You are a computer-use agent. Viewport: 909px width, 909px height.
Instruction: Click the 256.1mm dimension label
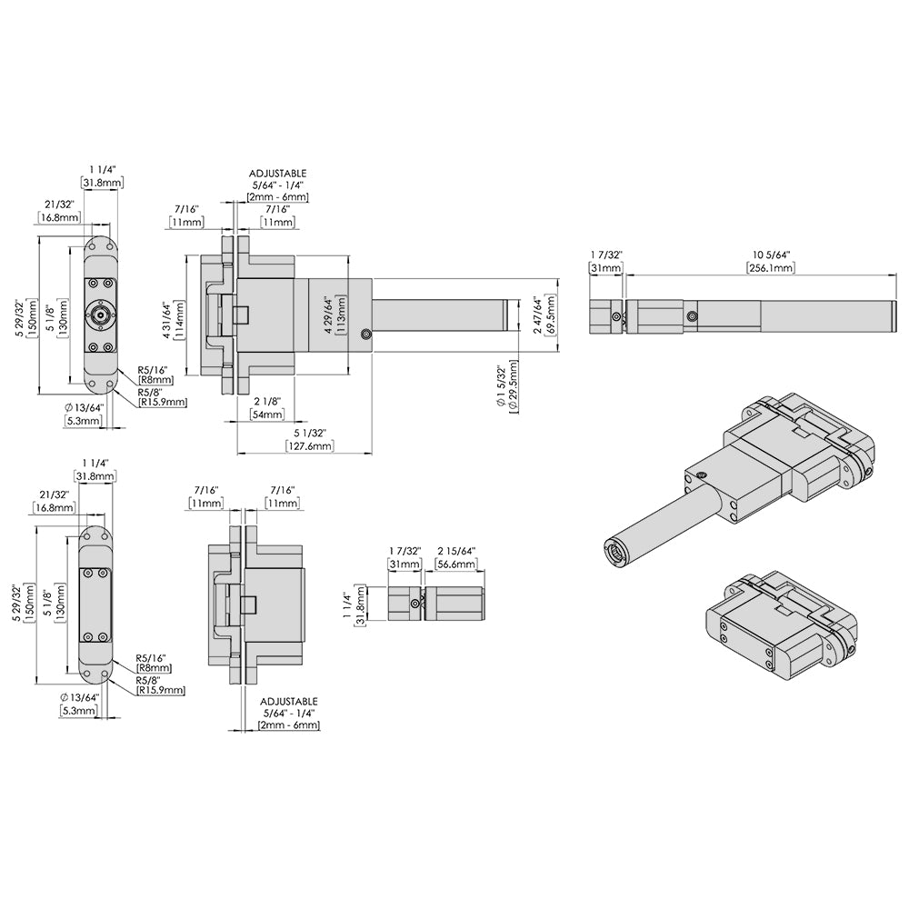point(771,268)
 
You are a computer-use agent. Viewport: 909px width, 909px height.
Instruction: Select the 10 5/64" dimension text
point(771,254)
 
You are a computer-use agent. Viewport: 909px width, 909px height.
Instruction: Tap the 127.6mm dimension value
point(309,446)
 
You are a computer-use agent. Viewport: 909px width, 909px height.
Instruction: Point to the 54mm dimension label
point(267,415)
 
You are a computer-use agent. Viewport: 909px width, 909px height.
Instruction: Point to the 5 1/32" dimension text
point(309,433)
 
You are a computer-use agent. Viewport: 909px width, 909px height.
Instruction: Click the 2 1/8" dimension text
point(267,401)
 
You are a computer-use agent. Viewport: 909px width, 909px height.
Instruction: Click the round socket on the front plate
point(98,315)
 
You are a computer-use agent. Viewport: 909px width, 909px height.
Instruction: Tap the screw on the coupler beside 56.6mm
point(415,604)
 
